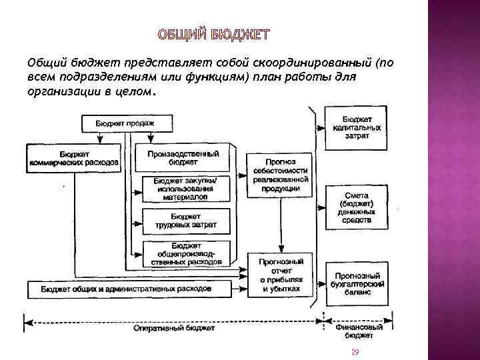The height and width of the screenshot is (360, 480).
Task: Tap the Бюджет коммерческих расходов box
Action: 73,157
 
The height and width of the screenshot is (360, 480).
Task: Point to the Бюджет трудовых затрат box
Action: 186,220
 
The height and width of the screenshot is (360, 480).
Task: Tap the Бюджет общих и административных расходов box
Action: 127,289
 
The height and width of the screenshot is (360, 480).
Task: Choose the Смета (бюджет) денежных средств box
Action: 357,207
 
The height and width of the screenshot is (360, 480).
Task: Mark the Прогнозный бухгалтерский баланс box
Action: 357,283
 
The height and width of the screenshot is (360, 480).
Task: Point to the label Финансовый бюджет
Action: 359,331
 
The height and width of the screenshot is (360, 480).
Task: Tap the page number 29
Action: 355,352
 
